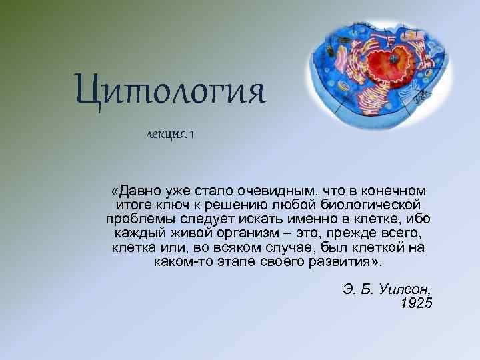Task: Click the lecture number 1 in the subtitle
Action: click(x=191, y=135)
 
